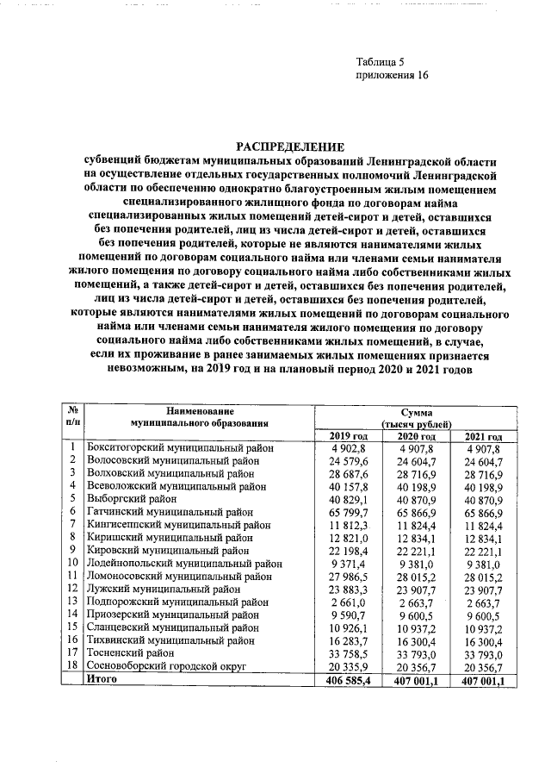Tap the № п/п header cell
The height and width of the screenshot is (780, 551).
tap(73, 416)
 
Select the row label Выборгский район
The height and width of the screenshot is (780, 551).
tap(132, 499)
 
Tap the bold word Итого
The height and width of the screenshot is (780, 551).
tap(100, 680)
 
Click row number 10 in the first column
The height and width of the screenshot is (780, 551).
tap(73, 564)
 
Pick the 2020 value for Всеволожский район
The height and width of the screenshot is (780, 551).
tap(417, 486)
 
